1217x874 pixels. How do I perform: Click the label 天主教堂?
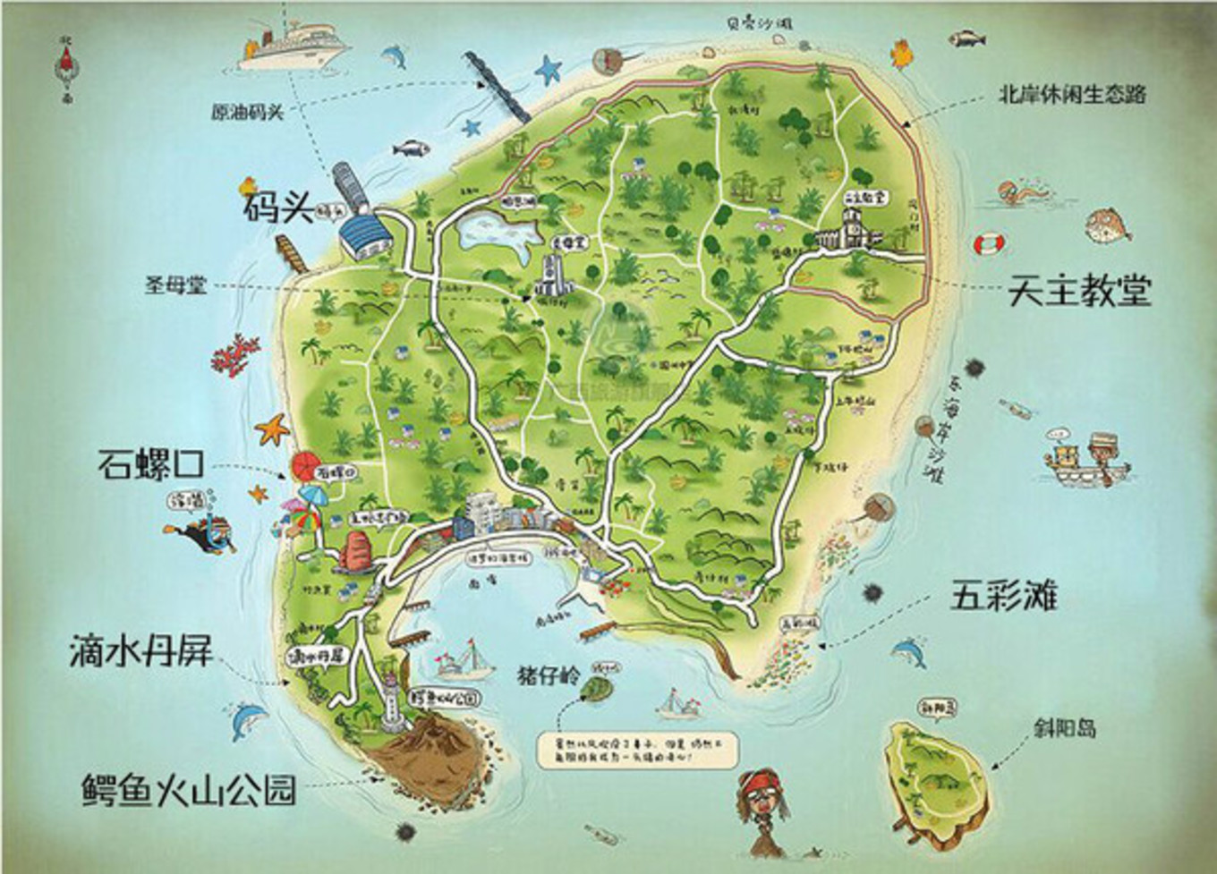click(1079, 291)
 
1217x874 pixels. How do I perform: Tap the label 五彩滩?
click(1003, 595)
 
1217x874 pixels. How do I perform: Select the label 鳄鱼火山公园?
click(188, 790)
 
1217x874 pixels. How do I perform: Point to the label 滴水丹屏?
click(141, 651)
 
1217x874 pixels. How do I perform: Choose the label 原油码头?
click(247, 113)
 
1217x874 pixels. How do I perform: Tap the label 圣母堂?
click(175, 285)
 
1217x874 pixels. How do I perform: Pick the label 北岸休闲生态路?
click(1072, 94)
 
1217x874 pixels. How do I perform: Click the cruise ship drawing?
click(288, 45)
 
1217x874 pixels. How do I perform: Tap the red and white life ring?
click(990, 243)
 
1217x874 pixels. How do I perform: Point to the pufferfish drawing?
click(1109, 225)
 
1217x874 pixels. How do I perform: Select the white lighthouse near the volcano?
click(391, 702)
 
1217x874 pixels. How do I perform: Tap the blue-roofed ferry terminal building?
click(366, 235)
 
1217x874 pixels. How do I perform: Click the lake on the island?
click(497, 233)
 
